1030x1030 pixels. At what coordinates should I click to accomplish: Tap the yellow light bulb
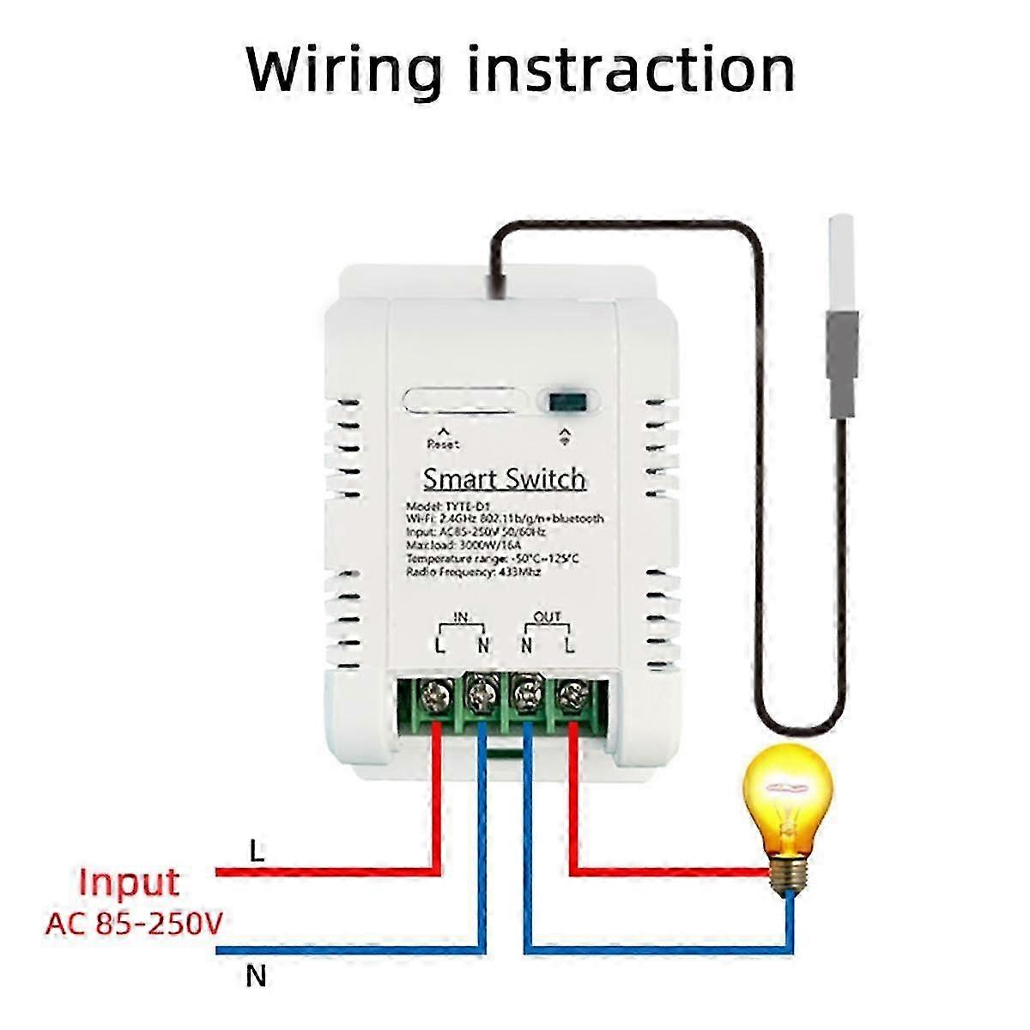coord(788,798)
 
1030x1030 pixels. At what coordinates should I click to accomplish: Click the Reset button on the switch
coord(464,402)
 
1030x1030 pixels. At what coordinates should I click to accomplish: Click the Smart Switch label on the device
coord(505,479)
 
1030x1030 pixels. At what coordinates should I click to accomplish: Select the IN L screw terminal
coord(437,693)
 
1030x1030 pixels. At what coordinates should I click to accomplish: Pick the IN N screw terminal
coord(482,693)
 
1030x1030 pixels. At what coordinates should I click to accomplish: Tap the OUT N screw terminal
coord(526,693)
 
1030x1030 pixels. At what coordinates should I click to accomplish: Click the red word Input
coord(129,882)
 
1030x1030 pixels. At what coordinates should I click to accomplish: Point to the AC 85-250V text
coord(134,924)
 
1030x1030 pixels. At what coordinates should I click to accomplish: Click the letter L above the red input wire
coord(256,851)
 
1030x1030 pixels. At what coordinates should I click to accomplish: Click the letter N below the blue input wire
coord(256,976)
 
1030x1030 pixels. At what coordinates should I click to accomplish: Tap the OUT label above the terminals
coord(547,617)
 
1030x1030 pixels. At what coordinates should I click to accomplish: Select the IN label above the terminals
coord(461,617)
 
